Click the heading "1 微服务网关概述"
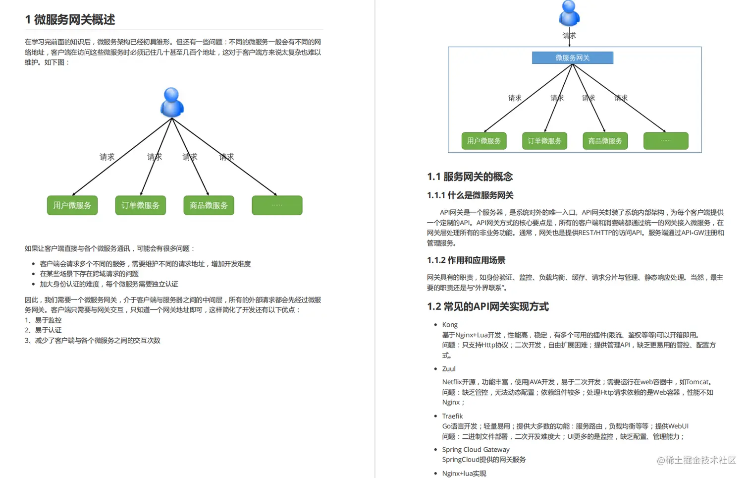70,19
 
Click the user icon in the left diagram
172,103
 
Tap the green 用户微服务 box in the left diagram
72,205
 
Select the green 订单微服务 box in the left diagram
141,205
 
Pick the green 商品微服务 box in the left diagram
209,205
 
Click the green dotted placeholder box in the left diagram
277,205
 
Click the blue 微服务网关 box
572,58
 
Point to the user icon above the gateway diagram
569,13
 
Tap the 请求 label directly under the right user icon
569,36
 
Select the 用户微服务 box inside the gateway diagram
484,141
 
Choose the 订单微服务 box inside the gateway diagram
544,141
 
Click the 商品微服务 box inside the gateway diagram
605,141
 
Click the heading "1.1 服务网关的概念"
470,177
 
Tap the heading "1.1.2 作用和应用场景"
466,260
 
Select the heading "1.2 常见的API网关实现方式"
487,306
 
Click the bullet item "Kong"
450,325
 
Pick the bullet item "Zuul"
449,369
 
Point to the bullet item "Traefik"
452,416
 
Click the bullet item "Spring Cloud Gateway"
476,450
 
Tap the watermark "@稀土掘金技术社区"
696,461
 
